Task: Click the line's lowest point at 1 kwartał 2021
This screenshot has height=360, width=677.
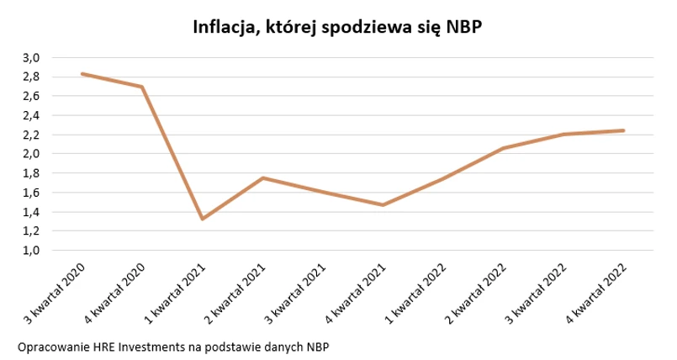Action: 203,219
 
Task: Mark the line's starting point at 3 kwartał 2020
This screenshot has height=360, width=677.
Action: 82,74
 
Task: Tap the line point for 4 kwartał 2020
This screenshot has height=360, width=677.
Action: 142,87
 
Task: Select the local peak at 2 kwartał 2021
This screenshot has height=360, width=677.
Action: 263,178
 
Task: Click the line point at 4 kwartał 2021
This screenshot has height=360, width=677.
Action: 383,204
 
